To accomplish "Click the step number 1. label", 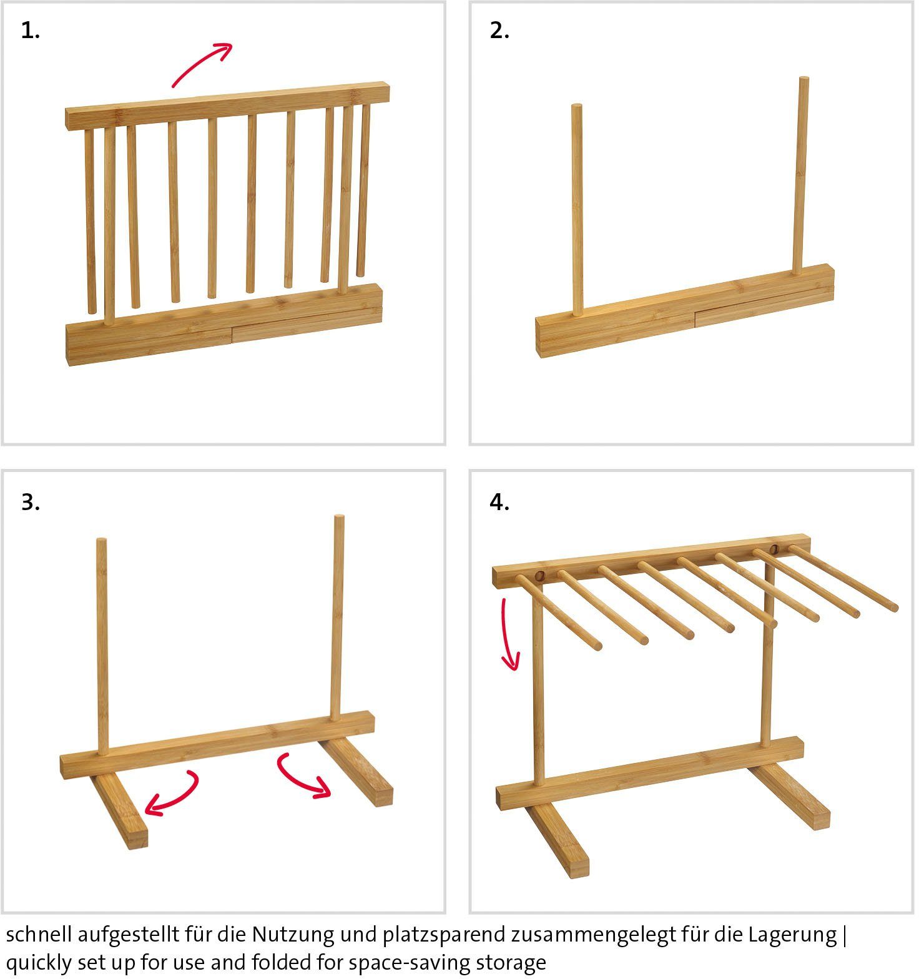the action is pos(30,31).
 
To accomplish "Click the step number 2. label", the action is pos(499,31).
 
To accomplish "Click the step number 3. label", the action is pos(30,502).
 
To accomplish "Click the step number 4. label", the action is pos(499,502).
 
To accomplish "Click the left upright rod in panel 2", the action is pos(577,209).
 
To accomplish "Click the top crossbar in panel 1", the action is pos(227,106).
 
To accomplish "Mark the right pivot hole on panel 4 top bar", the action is pos(774,549).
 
